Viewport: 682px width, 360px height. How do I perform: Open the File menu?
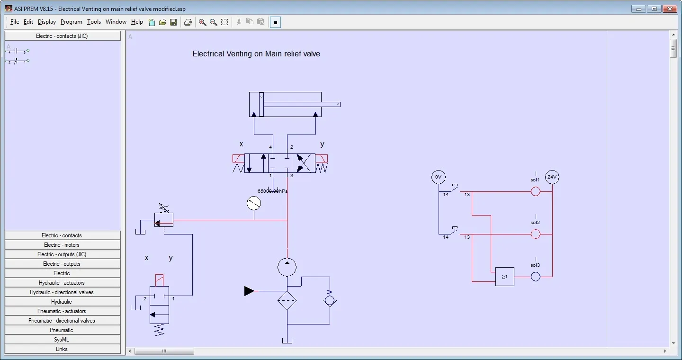tap(14, 22)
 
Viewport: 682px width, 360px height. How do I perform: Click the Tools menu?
tap(94, 22)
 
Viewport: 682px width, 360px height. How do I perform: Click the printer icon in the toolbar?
tap(188, 22)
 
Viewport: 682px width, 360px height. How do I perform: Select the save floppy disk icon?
tap(173, 22)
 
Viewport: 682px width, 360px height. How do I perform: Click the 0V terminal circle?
tap(439, 178)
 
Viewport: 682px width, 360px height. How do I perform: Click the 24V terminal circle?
tap(552, 178)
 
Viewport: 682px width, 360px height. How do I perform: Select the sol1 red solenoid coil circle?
tap(535, 191)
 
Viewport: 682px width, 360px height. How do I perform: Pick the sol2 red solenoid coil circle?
tap(535, 234)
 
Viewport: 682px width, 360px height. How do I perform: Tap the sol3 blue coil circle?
tap(535, 277)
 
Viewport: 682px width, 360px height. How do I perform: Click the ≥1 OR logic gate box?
tap(504, 277)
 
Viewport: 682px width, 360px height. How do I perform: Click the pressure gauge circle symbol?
tap(254, 204)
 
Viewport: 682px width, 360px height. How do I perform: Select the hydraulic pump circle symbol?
tap(287, 267)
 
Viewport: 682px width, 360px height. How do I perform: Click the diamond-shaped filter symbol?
tap(287, 300)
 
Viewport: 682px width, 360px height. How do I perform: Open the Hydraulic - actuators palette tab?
tap(62, 283)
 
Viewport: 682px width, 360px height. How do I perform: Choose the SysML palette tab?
tap(62, 340)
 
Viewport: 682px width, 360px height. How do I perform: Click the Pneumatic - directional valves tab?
tap(62, 321)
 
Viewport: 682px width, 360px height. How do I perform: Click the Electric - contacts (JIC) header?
tap(62, 36)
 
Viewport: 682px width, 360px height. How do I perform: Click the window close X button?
tap(670, 9)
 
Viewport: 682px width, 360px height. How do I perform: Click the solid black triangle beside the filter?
tap(249, 291)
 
